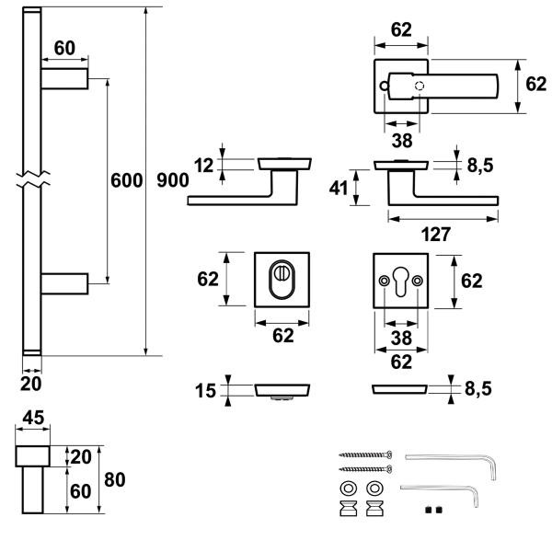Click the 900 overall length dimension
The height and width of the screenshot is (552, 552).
pos(173,180)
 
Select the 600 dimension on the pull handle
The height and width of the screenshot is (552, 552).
pos(126,180)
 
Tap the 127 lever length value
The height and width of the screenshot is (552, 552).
pos(436,234)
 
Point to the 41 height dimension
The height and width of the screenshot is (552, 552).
pos(339,188)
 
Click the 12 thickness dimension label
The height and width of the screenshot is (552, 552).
pos(204,165)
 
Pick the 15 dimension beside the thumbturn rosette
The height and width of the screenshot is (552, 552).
pos(205,391)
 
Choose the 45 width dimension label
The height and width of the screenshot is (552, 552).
pos(33,418)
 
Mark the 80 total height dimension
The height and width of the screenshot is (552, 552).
pos(115,479)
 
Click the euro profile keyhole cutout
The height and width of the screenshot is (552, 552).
pos(401,282)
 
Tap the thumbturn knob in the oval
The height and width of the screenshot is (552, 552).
pos(282,273)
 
